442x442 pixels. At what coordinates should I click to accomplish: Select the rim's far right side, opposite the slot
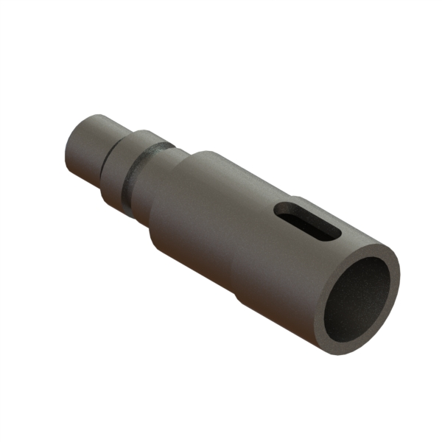395,280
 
